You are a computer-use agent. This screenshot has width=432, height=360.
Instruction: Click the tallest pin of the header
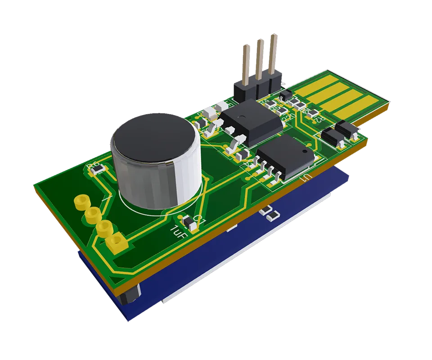(273, 54)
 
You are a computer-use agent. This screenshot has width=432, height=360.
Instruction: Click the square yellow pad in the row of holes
(116, 243)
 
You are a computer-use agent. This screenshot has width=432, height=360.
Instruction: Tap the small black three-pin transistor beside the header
(285, 95)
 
